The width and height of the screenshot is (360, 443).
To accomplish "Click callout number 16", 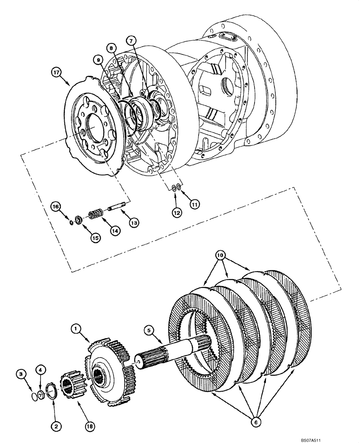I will [x=55, y=206].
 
